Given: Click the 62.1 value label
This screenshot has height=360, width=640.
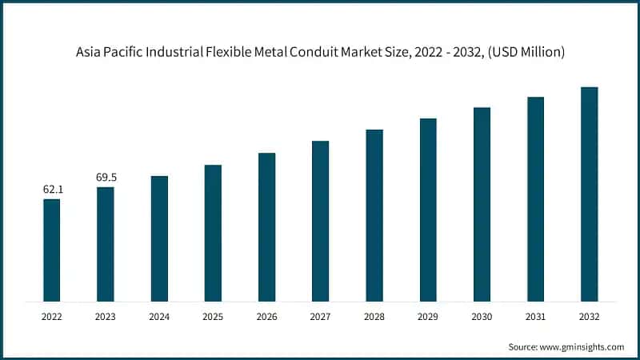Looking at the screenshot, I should pyautogui.click(x=52, y=190).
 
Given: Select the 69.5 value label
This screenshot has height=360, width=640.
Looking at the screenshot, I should pyautogui.click(x=106, y=178).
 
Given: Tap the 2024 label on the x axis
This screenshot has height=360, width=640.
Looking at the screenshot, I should pyautogui.click(x=159, y=317).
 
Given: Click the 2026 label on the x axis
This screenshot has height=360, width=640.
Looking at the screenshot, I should pyautogui.click(x=266, y=317).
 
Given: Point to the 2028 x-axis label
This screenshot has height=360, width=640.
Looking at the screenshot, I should pyautogui.click(x=374, y=317).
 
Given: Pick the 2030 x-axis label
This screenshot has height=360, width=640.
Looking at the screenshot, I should pyautogui.click(x=482, y=317).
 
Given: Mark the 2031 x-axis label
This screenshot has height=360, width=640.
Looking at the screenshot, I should pyautogui.click(x=535, y=317).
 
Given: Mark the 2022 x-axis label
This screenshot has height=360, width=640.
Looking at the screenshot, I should pyautogui.click(x=51, y=317).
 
